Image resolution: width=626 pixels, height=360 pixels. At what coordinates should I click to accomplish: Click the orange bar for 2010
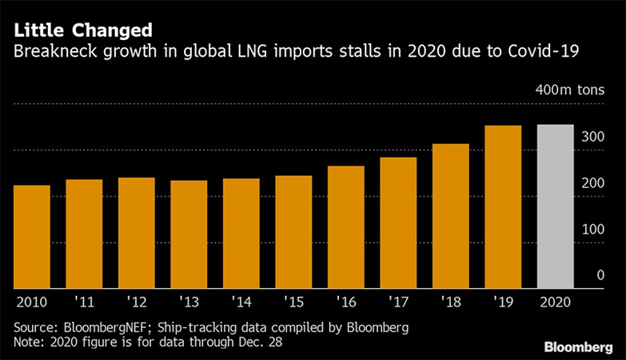coord(31,237)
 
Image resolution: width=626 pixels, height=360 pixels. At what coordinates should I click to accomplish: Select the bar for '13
coord(189,234)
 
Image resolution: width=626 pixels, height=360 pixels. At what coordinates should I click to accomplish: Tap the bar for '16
coord(345,227)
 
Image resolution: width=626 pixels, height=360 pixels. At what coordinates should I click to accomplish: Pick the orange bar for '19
coord(503,206)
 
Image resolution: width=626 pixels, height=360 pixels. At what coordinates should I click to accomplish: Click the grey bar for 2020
coord(556,206)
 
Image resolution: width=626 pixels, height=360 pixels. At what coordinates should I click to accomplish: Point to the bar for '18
coord(450,216)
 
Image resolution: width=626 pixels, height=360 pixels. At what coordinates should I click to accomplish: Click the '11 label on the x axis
coord(84,302)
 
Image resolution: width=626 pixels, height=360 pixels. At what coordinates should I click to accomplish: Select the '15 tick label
coord(293,302)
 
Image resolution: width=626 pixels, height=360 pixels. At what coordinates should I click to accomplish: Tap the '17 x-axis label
coord(398,302)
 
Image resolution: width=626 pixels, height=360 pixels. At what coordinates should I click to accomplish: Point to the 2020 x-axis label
coord(556,302)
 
